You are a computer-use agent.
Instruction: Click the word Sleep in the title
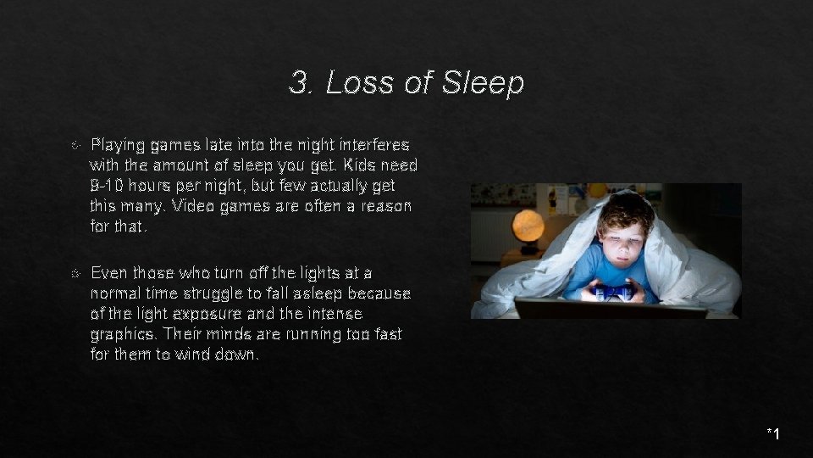[483, 83]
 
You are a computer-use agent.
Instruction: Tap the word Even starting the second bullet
[110, 273]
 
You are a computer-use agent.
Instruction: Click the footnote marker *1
[772, 435]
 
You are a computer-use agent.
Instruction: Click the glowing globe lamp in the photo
[528, 227]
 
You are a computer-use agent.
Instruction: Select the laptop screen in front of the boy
[610, 309]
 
